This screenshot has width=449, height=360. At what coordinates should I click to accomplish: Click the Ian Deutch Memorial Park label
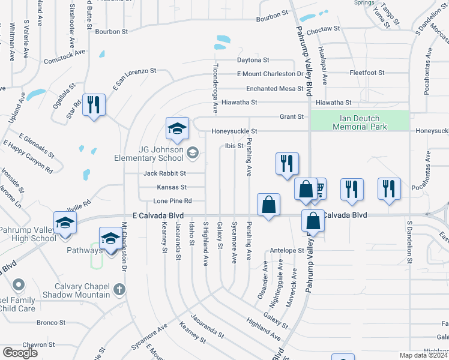pos(359,122)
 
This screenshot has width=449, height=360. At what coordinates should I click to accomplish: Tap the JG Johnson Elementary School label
pos(149,154)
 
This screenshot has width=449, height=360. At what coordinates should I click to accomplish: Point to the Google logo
pos(20,353)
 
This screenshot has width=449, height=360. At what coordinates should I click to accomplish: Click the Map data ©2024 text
pos(424,355)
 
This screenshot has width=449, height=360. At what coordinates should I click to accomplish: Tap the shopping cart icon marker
pos(318,189)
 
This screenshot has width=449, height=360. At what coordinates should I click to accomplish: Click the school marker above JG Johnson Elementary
pos(177,128)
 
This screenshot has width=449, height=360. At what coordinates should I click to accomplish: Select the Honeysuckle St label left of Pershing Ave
pos(234,131)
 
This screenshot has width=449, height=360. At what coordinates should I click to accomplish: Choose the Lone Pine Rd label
pos(172,201)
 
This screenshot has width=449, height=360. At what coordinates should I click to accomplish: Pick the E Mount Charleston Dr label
pos(270,74)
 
